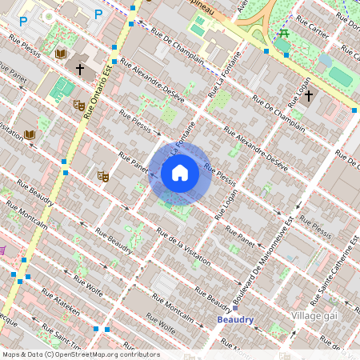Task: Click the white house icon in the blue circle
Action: pos(180,173)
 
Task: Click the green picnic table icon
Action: pos(283,34)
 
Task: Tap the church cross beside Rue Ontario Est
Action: pos(80,70)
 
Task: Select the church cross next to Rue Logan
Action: pos(308,96)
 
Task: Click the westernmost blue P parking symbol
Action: pos(23,22)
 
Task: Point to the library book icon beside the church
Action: pos(61,53)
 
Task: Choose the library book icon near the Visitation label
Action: pos(30,134)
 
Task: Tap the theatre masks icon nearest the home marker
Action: pos(102,176)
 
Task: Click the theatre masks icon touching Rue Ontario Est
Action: pos(79,105)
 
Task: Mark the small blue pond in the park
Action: pos(325,61)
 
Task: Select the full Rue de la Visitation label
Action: pos(183,247)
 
